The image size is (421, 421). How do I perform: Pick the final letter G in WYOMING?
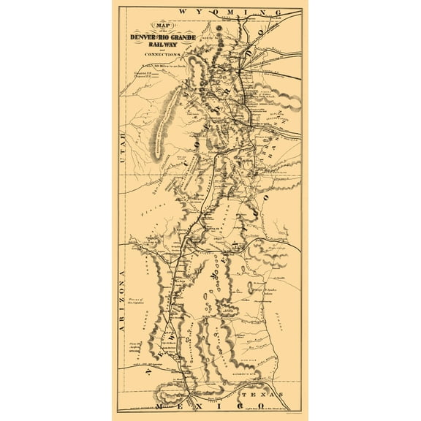click(x=278, y=12)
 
